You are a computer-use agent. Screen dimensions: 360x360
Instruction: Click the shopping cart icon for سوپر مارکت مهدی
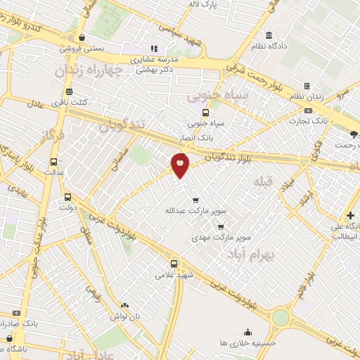click(x=221, y=227)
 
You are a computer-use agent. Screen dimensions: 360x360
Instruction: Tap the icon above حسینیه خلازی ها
click(x=247, y=332)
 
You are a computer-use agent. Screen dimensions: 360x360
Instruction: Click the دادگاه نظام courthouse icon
click(x=269, y=36)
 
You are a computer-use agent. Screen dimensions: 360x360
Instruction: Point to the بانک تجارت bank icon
click(x=309, y=110)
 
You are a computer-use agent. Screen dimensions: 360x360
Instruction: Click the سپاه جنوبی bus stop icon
click(x=205, y=112)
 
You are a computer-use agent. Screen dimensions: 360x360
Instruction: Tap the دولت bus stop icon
click(x=67, y=197)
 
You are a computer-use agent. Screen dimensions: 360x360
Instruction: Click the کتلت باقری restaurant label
click(x=73, y=103)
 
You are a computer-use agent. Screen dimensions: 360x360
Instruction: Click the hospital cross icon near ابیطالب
click(x=350, y=215)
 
